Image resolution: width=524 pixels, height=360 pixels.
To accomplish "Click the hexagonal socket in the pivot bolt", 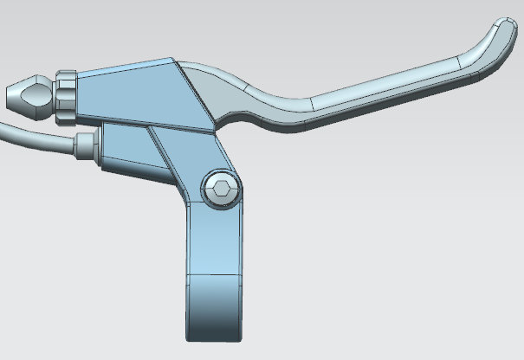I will coord(223,189).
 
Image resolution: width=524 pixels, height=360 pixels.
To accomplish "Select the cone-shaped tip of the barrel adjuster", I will coord(26,95).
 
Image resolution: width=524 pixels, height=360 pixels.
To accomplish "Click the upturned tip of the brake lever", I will coord(501,34).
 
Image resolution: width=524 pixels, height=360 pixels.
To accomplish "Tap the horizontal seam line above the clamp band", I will coord(212,275).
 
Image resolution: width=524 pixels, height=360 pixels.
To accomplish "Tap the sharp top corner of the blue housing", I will coord(173,60).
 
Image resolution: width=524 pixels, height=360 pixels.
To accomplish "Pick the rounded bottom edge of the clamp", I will coord(212,338).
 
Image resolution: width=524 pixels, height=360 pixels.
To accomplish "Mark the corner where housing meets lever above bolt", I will coord(215,132).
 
